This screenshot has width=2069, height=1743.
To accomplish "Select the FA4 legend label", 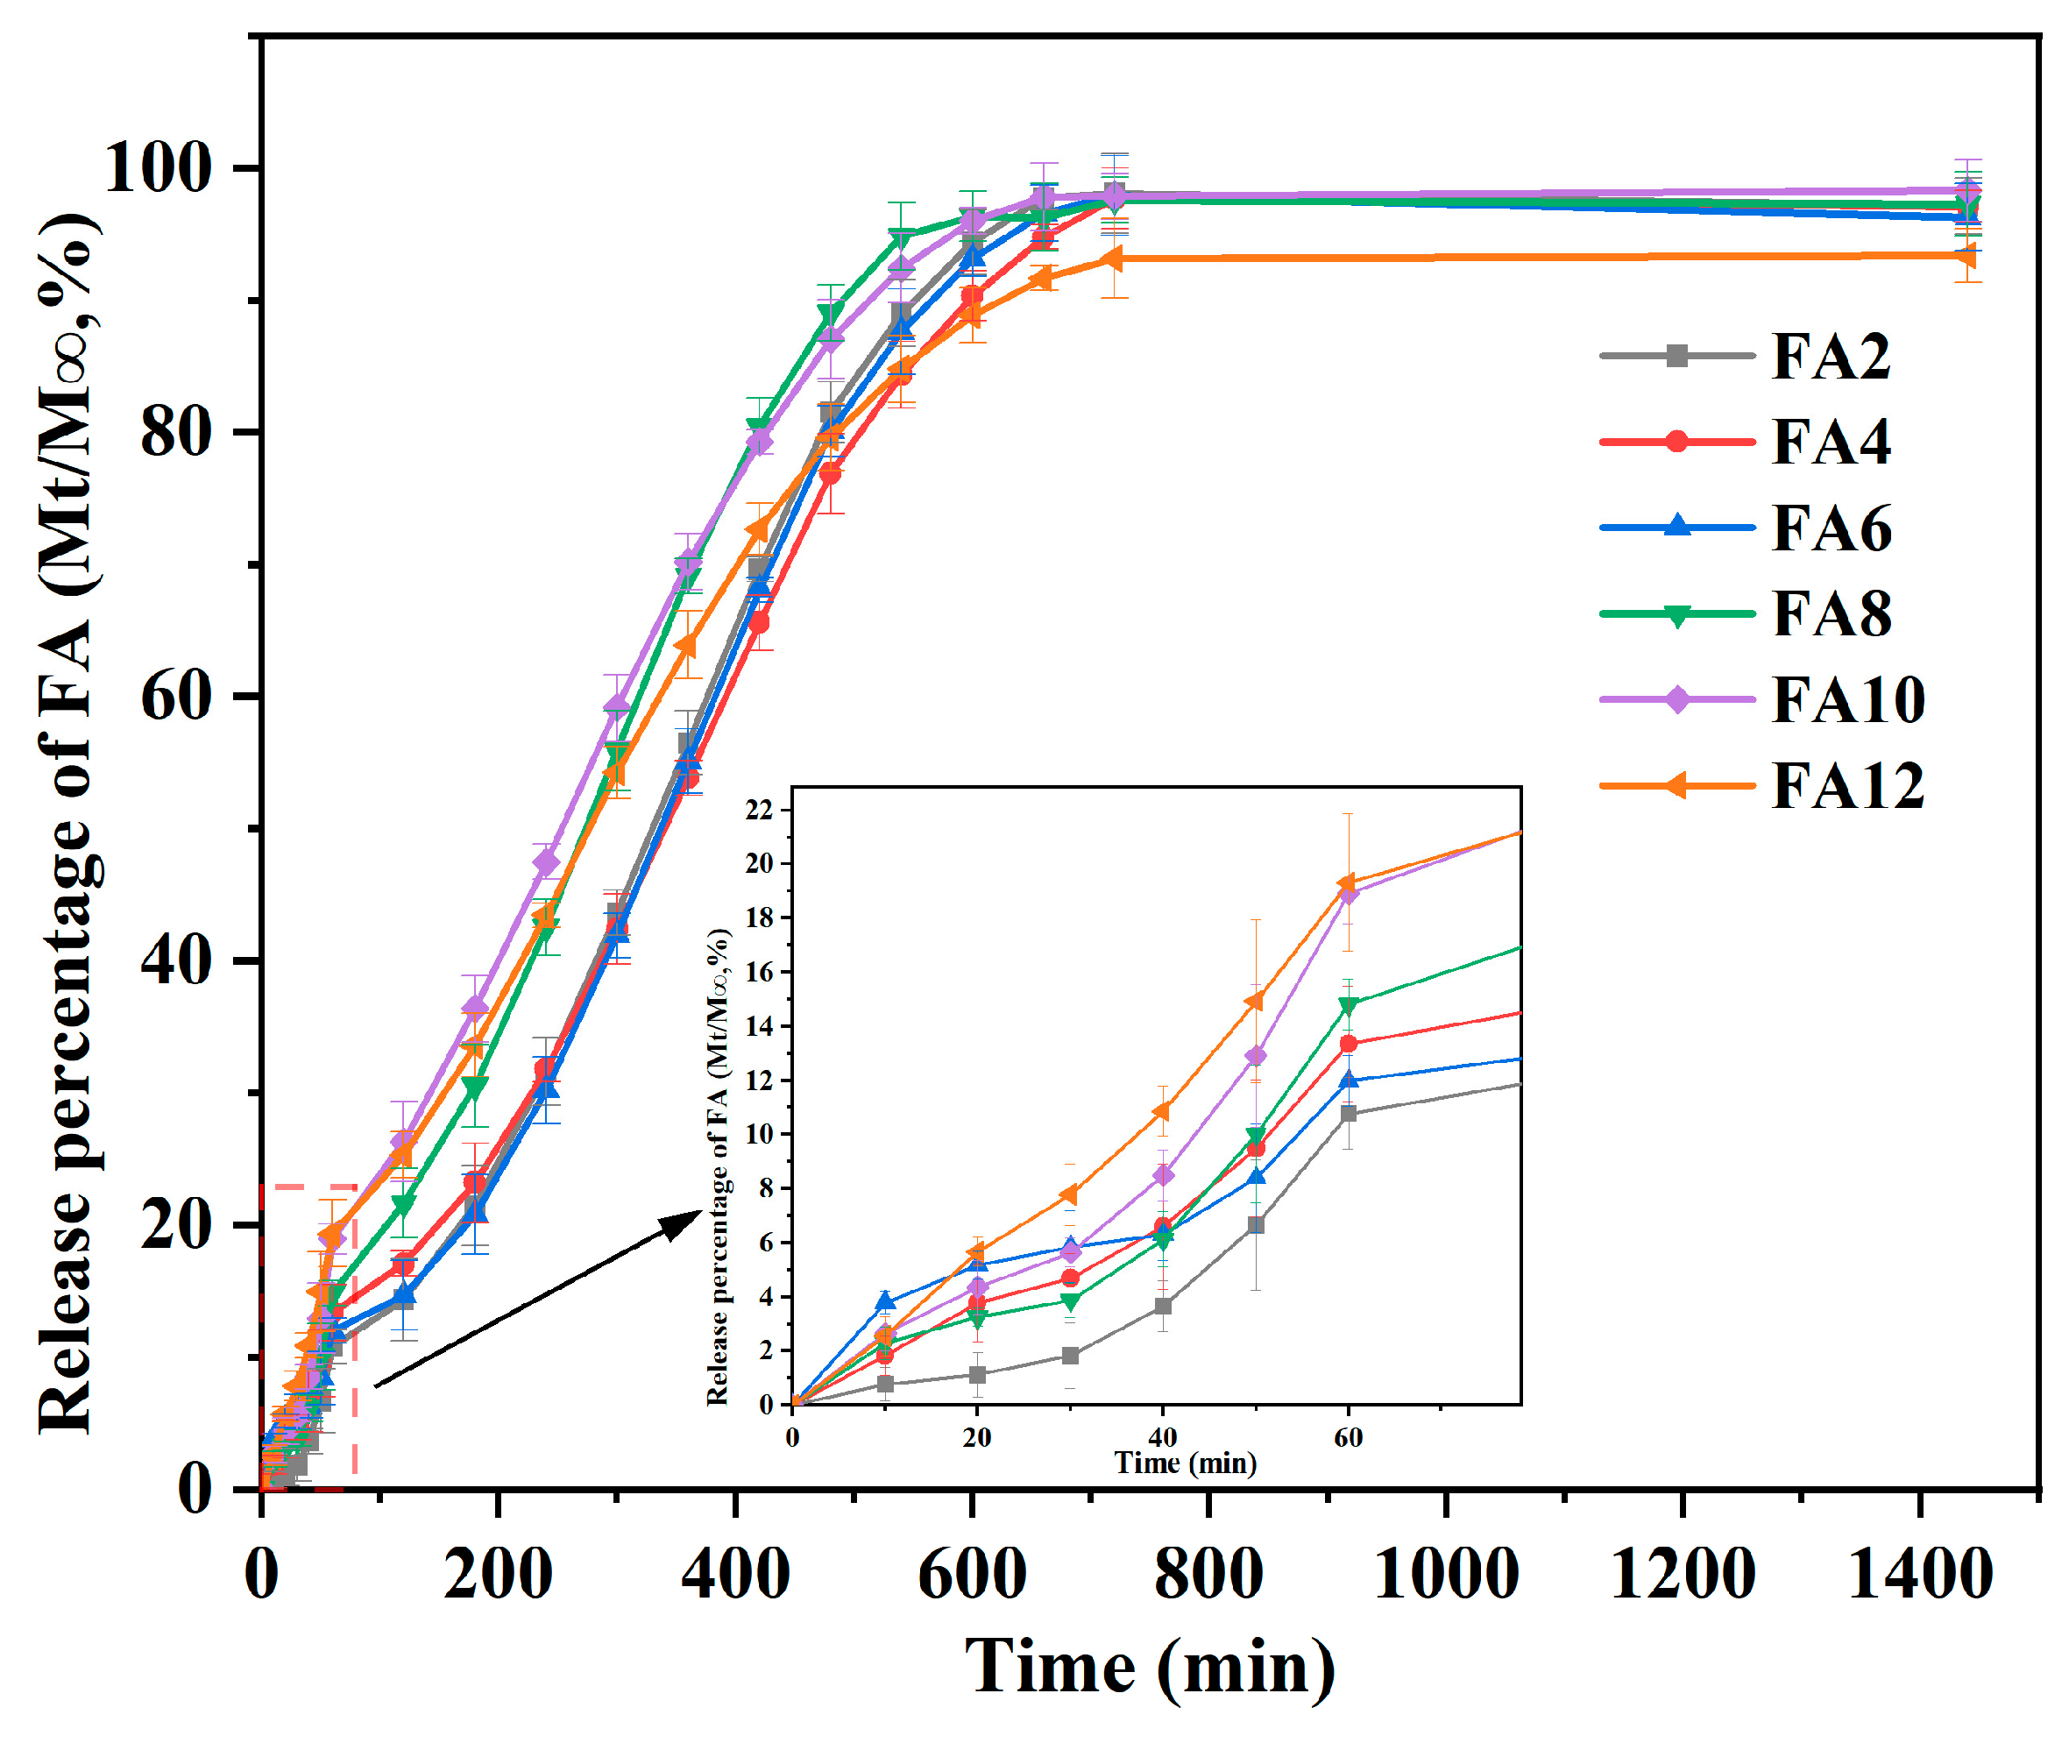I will click(1830, 442).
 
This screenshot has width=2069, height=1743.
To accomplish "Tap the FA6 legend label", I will click(1830, 528).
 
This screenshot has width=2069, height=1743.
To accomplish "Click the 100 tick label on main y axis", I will click(158, 167).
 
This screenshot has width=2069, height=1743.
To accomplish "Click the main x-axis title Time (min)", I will click(1150, 1669).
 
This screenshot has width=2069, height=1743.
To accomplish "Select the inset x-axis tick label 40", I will click(1162, 1438).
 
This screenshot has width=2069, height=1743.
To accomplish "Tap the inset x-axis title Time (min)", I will click(1185, 1463).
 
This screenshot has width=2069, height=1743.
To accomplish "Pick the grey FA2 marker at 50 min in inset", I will click(1255, 1225).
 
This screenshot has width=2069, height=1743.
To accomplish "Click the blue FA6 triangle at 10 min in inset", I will click(885, 1301).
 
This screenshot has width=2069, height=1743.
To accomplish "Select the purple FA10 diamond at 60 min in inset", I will click(1348, 894).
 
